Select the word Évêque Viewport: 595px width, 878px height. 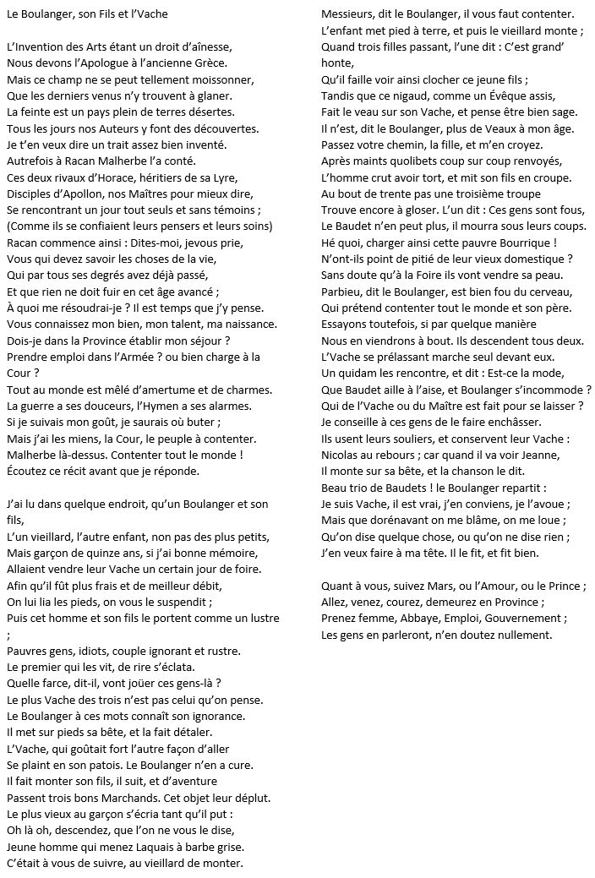click(x=483, y=95)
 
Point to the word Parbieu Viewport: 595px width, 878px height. click(x=343, y=291)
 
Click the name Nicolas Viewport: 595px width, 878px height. click(x=342, y=455)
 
